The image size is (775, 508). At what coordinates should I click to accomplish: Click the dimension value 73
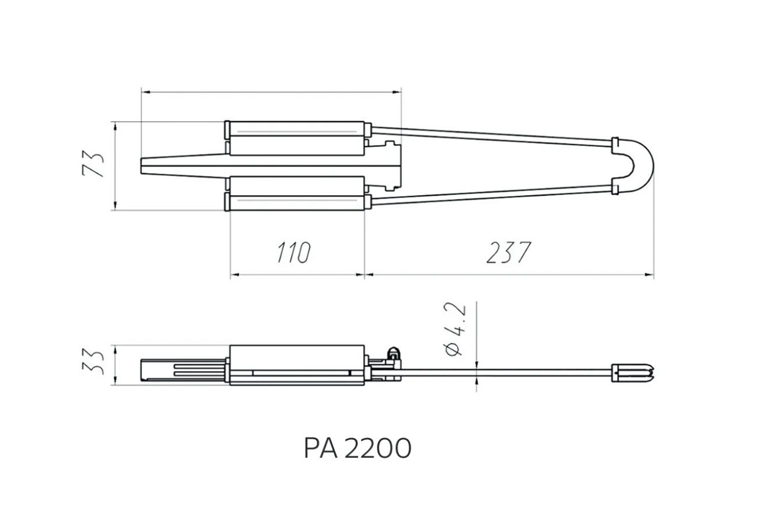pos(93,164)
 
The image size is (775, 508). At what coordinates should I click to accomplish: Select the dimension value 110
pos(293,252)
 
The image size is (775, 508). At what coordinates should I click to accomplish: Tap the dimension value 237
pos(508,252)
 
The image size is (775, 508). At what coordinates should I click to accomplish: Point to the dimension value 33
pos(93,362)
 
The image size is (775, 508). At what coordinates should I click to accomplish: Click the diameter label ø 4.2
pos(455,329)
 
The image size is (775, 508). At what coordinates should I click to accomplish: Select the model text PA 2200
pos(358,448)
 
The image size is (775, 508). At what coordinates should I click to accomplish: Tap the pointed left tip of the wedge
pos(141,166)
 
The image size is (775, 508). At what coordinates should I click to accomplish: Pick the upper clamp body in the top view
pos(297,139)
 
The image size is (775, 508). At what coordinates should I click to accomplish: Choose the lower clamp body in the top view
pos(297,193)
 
